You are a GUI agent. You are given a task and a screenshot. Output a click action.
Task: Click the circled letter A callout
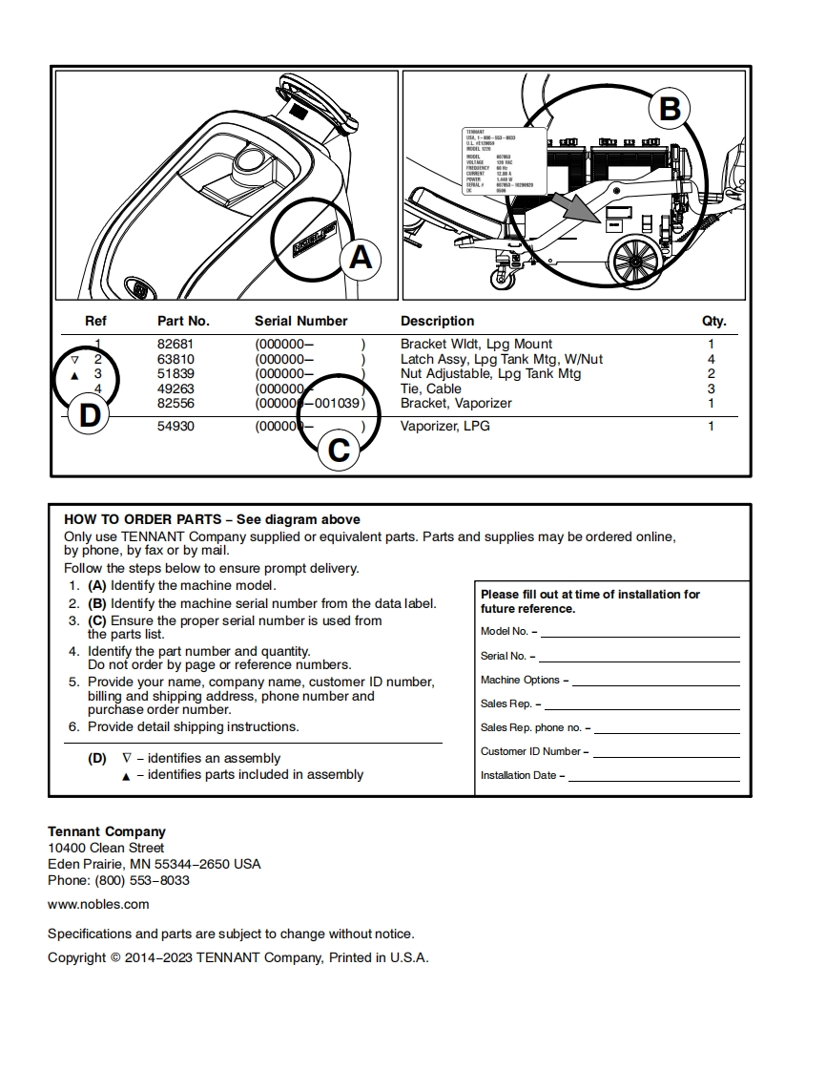[360, 258]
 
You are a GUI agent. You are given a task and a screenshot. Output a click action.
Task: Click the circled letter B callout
[670, 109]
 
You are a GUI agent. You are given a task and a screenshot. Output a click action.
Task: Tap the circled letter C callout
[339, 450]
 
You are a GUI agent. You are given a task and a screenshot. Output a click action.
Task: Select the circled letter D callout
[89, 416]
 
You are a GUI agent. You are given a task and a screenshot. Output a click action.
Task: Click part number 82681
[176, 344]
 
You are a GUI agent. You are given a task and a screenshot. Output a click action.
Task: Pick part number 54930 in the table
[176, 426]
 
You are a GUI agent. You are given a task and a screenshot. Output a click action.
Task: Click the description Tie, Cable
[430, 388]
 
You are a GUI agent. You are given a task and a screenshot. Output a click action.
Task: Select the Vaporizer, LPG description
[444, 426]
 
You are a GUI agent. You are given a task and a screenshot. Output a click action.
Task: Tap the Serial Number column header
[300, 321]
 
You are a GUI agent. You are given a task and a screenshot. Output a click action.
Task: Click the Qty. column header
[713, 321]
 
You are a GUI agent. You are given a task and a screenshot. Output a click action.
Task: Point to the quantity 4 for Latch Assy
[711, 359]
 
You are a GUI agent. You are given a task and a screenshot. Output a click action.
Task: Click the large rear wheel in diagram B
[632, 260]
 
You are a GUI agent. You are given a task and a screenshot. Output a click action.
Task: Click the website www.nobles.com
[98, 904]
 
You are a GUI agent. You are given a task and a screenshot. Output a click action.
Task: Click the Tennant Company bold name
[107, 831]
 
